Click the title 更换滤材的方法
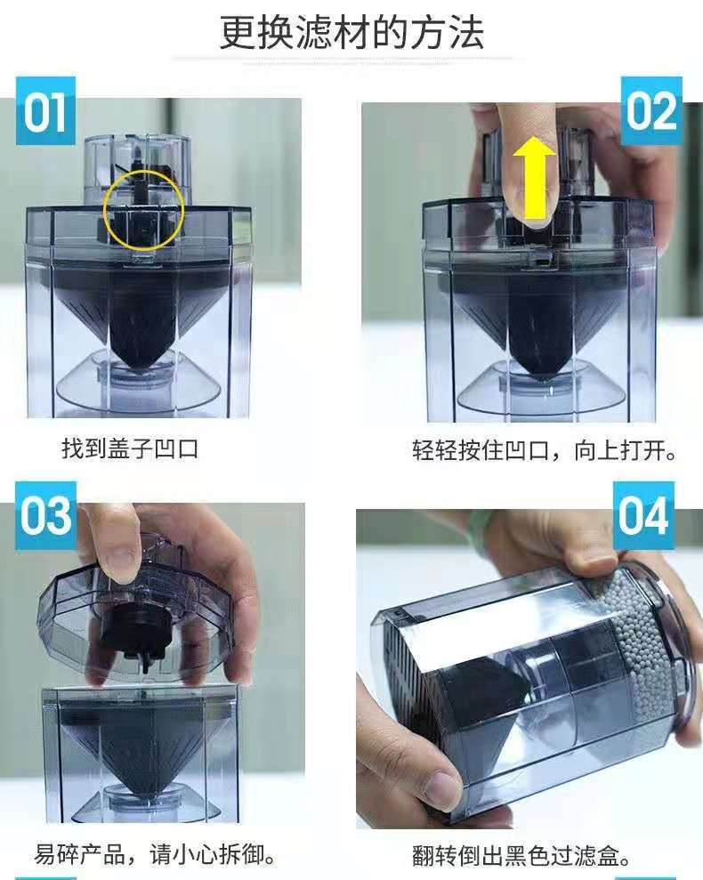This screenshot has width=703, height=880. click(351, 33)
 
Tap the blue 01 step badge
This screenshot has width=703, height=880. click(45, 111)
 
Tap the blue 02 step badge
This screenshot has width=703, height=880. click(651, 110)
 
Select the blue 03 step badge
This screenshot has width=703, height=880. click(45, 515)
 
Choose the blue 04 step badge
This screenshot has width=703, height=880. click(643, 515)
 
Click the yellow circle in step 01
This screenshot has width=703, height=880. click(144, 171)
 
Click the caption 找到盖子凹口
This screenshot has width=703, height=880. click(130, 449)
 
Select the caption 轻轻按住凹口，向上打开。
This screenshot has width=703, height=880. click(545, 450)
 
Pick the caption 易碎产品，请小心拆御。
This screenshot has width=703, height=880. click(155, 855)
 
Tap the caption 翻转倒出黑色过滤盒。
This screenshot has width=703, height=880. click(521, 856)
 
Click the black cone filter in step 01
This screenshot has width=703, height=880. click(139, 314)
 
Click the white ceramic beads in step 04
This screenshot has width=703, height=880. click(651, 645)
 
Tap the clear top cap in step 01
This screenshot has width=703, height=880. click(136, 169)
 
